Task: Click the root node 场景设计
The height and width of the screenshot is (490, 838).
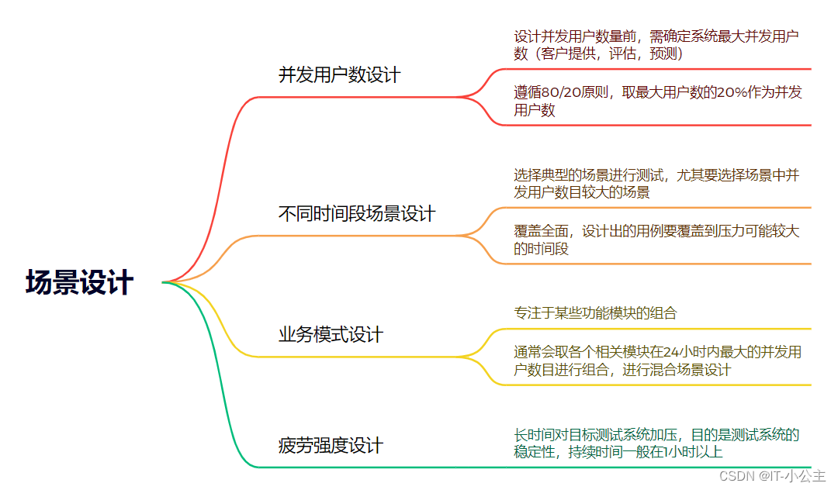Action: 79,283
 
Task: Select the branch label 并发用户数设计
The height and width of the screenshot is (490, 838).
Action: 340,75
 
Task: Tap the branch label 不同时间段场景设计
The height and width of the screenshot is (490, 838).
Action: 357,214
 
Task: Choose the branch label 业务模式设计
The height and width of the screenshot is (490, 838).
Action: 331,335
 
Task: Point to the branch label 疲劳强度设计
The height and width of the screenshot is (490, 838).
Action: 331,447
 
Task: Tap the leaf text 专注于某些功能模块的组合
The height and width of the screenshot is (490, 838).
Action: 595,313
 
